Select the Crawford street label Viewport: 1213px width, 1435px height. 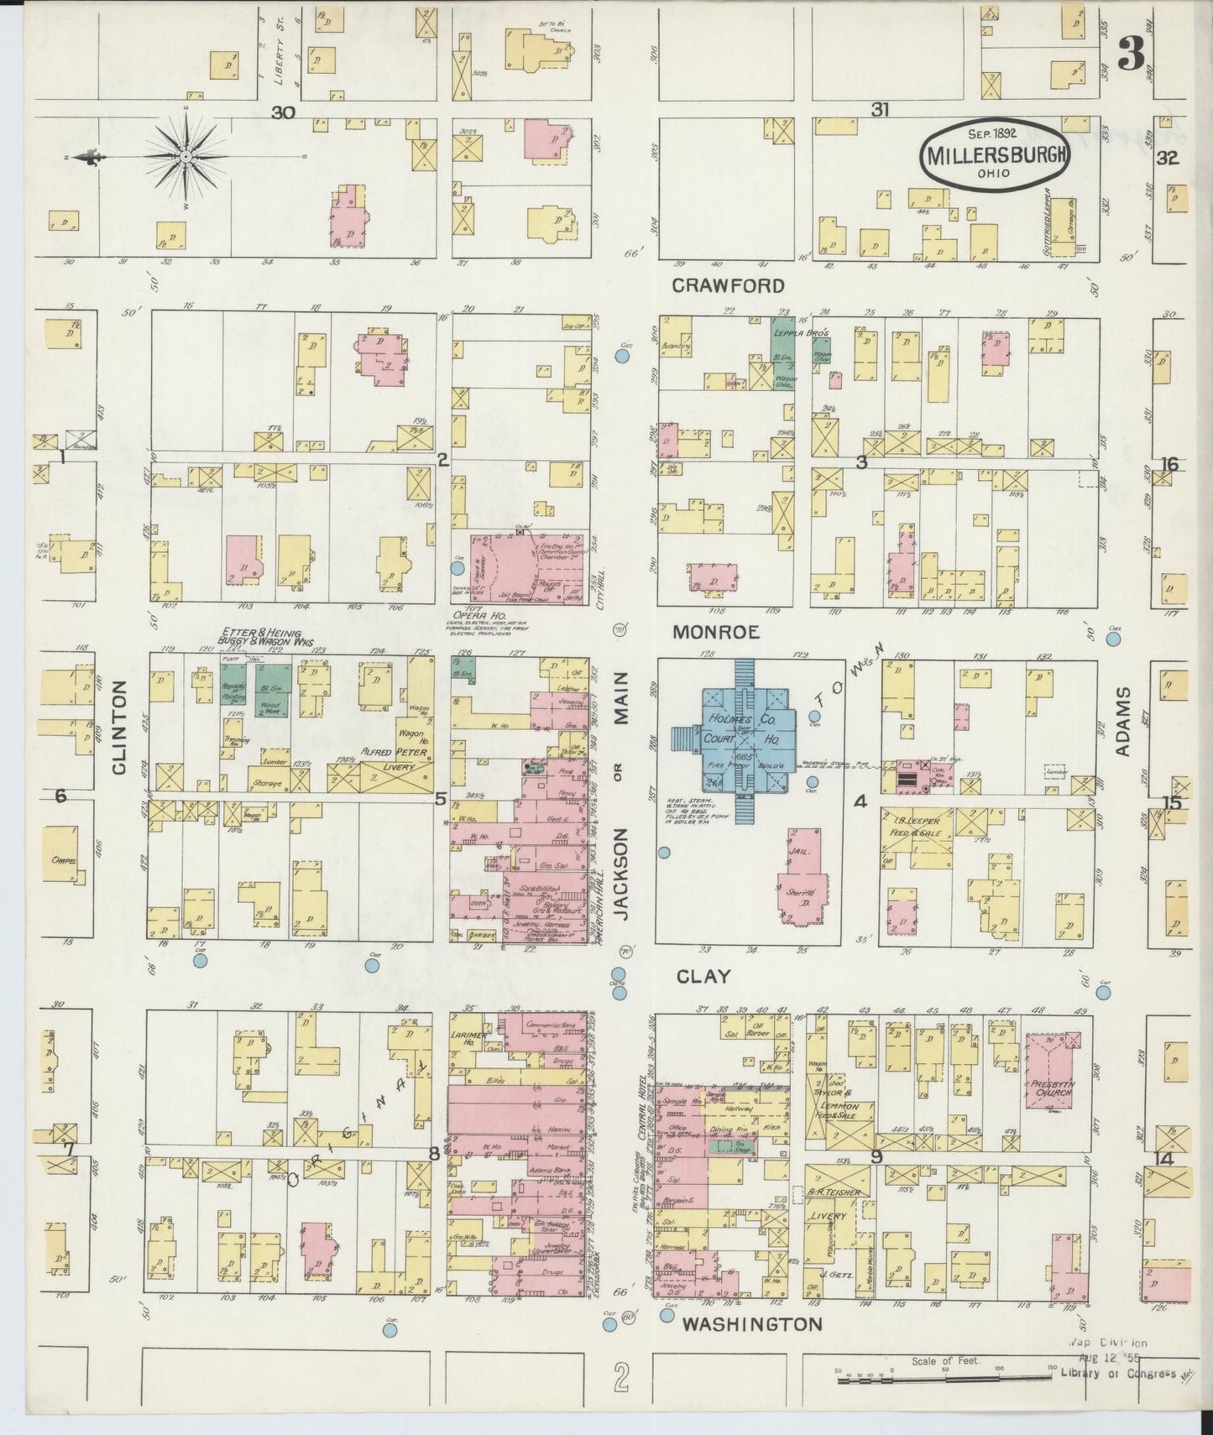tap(728, 285)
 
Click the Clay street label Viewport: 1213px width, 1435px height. tap(703, 976)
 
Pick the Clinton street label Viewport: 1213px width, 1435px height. tap(118, 727)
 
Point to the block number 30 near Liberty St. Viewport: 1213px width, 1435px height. tap(283, 112)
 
